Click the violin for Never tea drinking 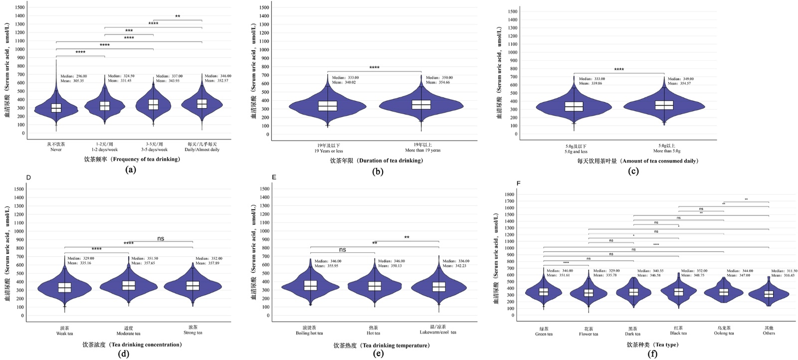coord(56,109)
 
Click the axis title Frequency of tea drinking coord(132,160)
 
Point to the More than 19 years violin coord(421,105)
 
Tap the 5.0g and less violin coord(574,107)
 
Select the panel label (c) coord(633,172)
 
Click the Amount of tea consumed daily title coord(638,161)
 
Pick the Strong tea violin coord(193,286)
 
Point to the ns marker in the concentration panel coord(161,238)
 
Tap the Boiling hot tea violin coord(310,286)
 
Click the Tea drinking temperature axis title coord(382,345)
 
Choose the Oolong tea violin coord(724,292)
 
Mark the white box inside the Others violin coord(769,294)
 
